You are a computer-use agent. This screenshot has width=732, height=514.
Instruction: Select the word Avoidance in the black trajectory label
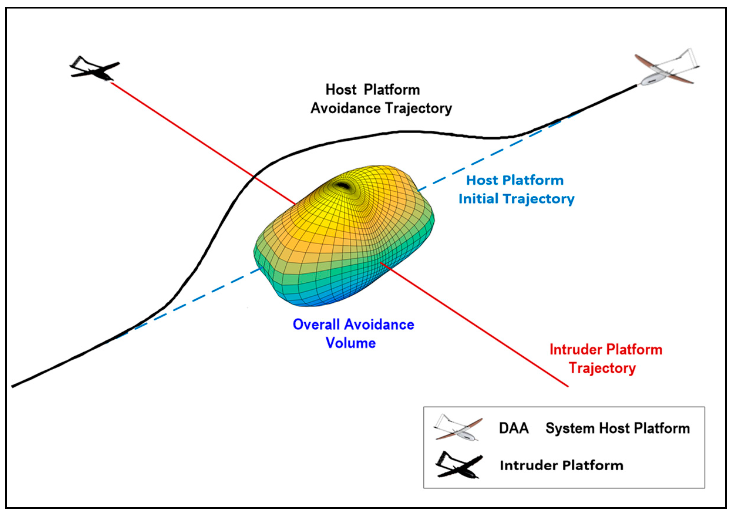point(346,108)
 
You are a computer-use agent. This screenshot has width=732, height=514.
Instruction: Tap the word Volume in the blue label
point(351,343)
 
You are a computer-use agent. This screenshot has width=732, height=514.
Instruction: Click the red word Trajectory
point(602,368)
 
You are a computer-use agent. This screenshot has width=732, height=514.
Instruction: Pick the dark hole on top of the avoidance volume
point(343,185)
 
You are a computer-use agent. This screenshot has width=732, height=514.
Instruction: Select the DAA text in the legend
point(514,428)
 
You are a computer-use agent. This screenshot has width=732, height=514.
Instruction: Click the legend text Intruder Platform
point(561,466)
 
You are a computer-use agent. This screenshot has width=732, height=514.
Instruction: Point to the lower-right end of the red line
point(568,387)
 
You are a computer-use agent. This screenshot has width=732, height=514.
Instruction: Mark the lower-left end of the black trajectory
point(13,387)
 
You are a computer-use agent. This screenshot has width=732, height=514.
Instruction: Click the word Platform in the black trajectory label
point(391,90)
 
